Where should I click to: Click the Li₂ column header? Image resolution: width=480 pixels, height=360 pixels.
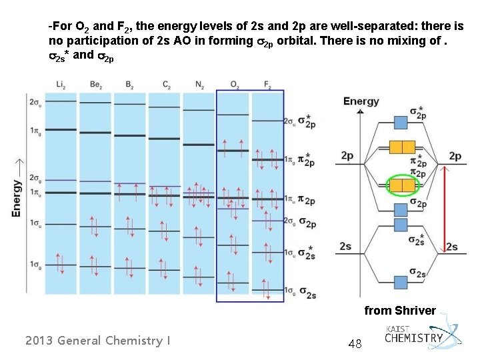(x=61, y=83)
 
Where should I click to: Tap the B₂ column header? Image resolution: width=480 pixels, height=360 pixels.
(x=130, y=83)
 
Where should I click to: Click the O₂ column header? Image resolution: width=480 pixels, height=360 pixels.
(x=234, y=83)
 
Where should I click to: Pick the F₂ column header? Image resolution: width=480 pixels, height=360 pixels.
(x=267, y=83)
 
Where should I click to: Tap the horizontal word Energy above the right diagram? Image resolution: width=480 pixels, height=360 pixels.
(x=361, y=101)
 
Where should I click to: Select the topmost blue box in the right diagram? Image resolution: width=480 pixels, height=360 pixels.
(x=401, y=122)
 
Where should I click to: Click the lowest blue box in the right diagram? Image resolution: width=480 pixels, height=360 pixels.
(x=401, y=281)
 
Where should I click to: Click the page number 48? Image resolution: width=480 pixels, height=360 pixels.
(x=355, y=343)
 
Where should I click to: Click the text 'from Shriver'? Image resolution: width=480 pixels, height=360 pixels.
(x=399, y=310)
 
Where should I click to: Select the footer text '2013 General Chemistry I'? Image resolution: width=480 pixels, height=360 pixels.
(x=97, y=341)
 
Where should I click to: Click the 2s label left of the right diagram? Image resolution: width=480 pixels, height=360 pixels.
(x=345, y=247)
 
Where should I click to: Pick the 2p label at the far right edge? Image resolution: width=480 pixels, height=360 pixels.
(x=455, y=155)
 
